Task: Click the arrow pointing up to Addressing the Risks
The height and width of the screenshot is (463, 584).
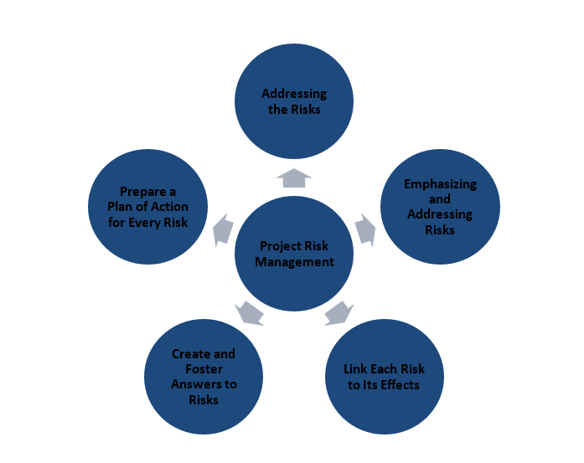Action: [x=293, y=177]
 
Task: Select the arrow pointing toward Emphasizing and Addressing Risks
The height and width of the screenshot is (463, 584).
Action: [x=366, y=229]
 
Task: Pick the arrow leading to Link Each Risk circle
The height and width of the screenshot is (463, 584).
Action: [x=339, y=312]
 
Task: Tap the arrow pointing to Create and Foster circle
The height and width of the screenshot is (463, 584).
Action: [x=250, y=312]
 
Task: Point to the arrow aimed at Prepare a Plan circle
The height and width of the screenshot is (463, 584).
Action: [x=222, y=229]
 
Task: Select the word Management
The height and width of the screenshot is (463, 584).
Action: [x=294, y=261]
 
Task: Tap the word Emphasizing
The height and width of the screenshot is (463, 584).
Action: [x=440, y=184]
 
